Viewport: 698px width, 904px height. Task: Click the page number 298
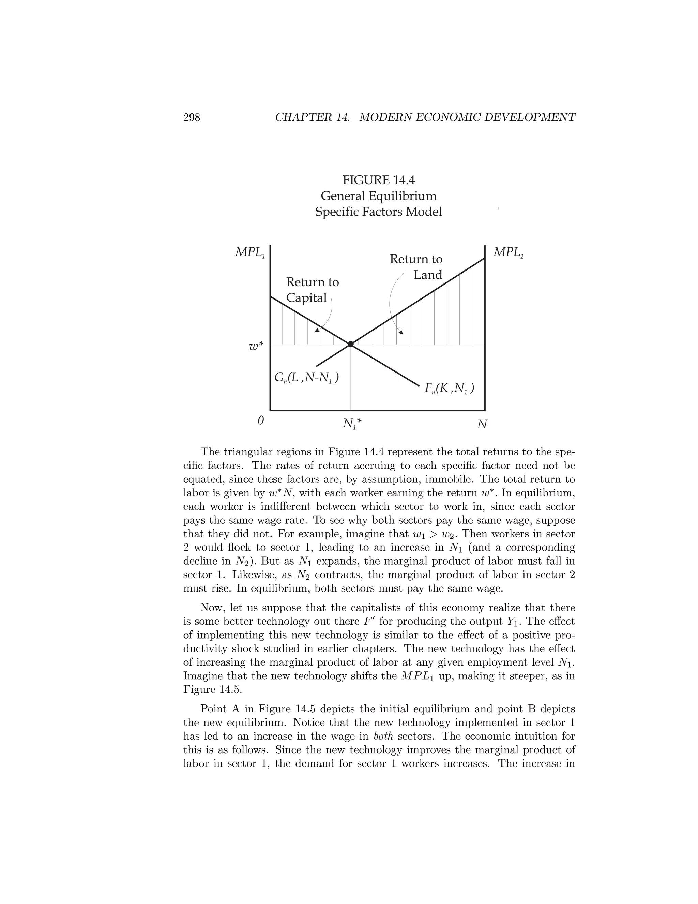(x=192, y=118)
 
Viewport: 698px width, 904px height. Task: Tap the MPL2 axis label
(x=508, y=252)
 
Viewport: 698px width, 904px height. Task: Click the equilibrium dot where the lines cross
(x=351, y=344)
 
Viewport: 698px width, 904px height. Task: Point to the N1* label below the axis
(x=352, y=423)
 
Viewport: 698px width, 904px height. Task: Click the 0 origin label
(x=260, y=421)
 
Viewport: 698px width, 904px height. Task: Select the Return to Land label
(x=416, y=267)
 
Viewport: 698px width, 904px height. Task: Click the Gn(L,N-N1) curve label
(x=306, y=378)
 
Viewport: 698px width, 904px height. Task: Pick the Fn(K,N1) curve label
(x=449, y=389)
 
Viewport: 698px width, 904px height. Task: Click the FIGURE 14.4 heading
(x=378, y=180)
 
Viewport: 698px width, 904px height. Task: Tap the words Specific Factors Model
(x=378, y=212)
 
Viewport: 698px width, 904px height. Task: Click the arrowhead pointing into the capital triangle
(x=317, y=330)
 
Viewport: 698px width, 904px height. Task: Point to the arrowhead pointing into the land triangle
(x=401, y=332)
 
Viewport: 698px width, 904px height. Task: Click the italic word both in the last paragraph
(x=383, y=736)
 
